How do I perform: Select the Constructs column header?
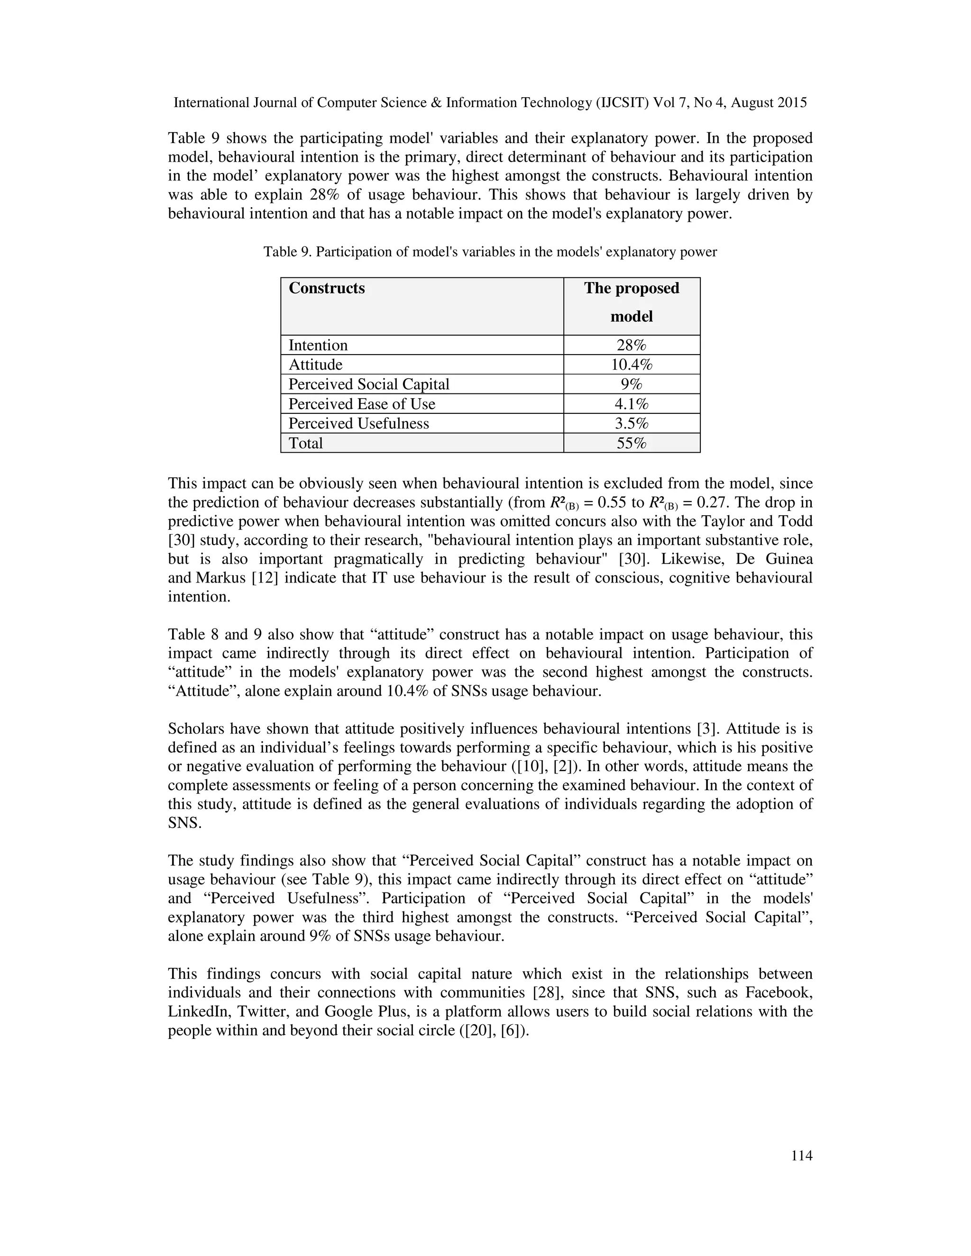click(x=326, y=288)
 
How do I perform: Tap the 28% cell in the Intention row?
click(x=631, y=345)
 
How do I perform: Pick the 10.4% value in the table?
click(x=631, y=364)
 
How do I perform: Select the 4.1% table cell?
click(x=631, y=404)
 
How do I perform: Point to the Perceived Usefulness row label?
click(x=358, y=423)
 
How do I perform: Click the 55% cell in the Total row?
click(x=631, y=443)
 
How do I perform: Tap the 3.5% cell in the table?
click(x=631, y=423)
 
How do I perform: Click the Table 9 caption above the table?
click(x=490, y=252)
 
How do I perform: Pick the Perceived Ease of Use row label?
click(x=361, y=404)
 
